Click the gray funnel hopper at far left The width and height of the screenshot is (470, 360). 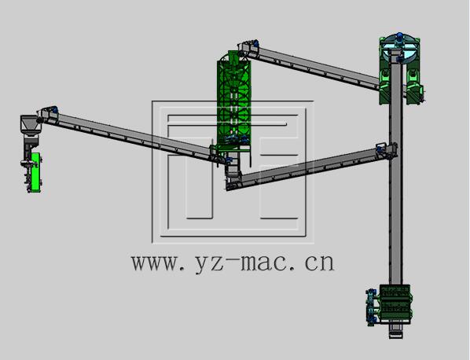click(x=30, y=124)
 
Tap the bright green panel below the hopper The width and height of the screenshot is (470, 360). click(x=35, y=171)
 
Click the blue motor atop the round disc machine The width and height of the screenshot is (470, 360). click(x=399, y=36)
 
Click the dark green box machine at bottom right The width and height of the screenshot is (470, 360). click(x=395, y=304)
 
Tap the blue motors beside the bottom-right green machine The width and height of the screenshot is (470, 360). click(x=372, y=307)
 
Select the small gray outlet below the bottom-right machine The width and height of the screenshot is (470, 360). click(x=395, y=331)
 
